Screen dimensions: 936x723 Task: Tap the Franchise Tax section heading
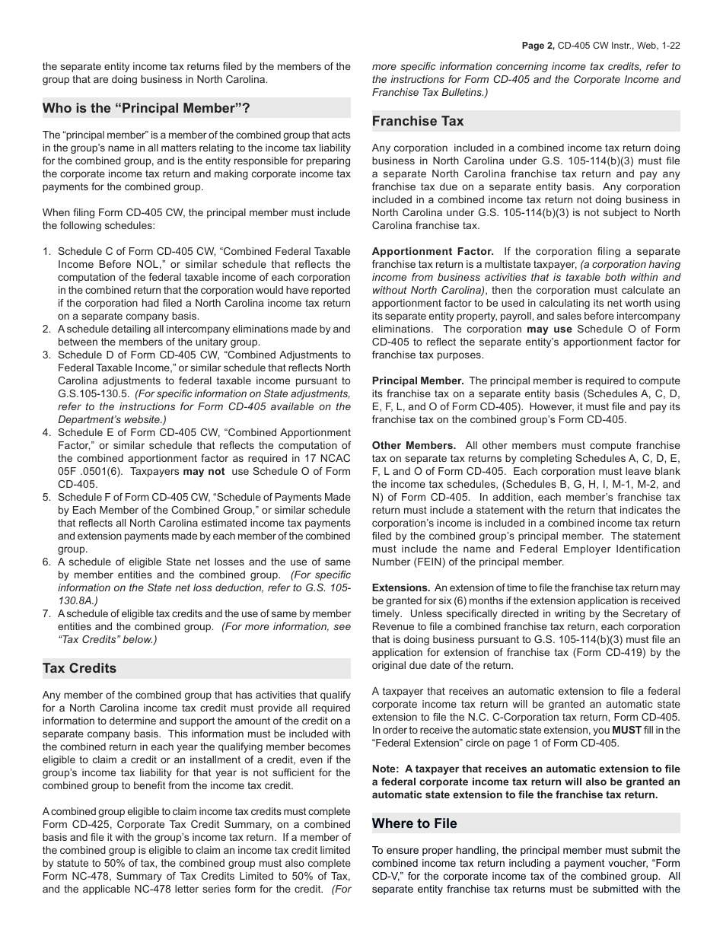pyautogui.click(x=418, y=121)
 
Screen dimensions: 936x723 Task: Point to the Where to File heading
pyautogui.click(x=415, y=823)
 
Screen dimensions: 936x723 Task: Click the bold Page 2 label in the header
pyautogui.click(x=538, y=46)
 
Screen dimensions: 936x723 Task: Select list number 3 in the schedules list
pyautogui.click(x=46, y=355)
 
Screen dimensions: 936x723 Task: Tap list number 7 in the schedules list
pyautogui.click(x=46, y=613)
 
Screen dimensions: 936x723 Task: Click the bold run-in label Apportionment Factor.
pyautogui.click(x=432, y=251)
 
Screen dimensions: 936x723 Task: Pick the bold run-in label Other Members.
pyautogui.click(x=413, y=445)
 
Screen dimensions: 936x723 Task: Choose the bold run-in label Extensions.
pyautogui.click(x=400, y=587)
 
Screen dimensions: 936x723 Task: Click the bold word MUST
pyautogui.click(x=621, y=730)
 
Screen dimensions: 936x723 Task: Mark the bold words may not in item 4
pyautogui.click(x=203, y=471)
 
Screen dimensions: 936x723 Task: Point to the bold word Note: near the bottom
pyautogui.click(x=386, y=769)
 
